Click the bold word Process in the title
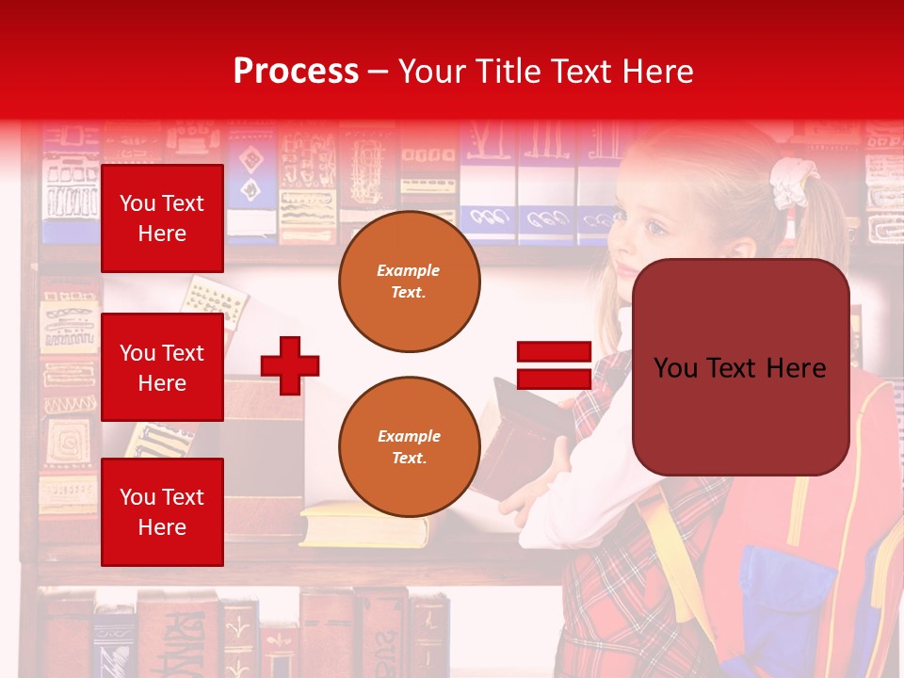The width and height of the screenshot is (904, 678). pyautogui.click(x=296, y=72)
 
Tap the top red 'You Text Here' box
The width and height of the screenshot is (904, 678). pyautogui.click(x=162, y=218)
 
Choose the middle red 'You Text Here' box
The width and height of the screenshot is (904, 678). pyautogui.click(x=162, y=367)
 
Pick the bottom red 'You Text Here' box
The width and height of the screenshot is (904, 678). pyautogui.click(x=162, y=512)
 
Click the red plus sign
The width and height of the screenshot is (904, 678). pyautogui.click(x=290, y=365)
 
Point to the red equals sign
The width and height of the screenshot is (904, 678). pyautogui.click(x=554, y=365)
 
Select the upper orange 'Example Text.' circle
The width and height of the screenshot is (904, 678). pyautogui.click(x=409, y=282)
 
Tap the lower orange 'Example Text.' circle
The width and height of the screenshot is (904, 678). pyautogui.click(x=409, y=447)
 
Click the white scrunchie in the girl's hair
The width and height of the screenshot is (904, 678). pyautogui.click(x=789, y=183)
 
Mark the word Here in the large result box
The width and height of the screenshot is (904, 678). pyautogui.click(x=793, y=368)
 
